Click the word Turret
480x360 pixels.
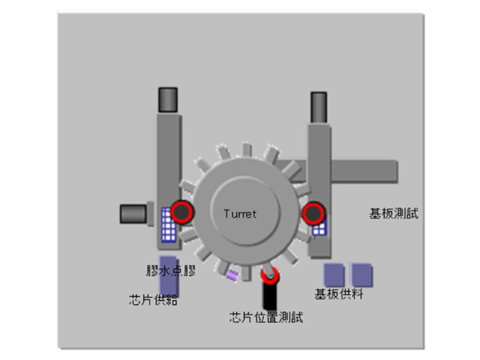240,214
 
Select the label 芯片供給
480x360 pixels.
153,301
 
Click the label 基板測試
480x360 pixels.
394,214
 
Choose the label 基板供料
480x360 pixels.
339,294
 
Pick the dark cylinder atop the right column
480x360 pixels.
319,104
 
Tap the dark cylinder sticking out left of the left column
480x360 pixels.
132,213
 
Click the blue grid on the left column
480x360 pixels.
168,226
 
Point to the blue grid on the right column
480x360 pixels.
319,227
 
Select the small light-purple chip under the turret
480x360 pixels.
232,275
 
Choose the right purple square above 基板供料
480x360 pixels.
362,274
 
